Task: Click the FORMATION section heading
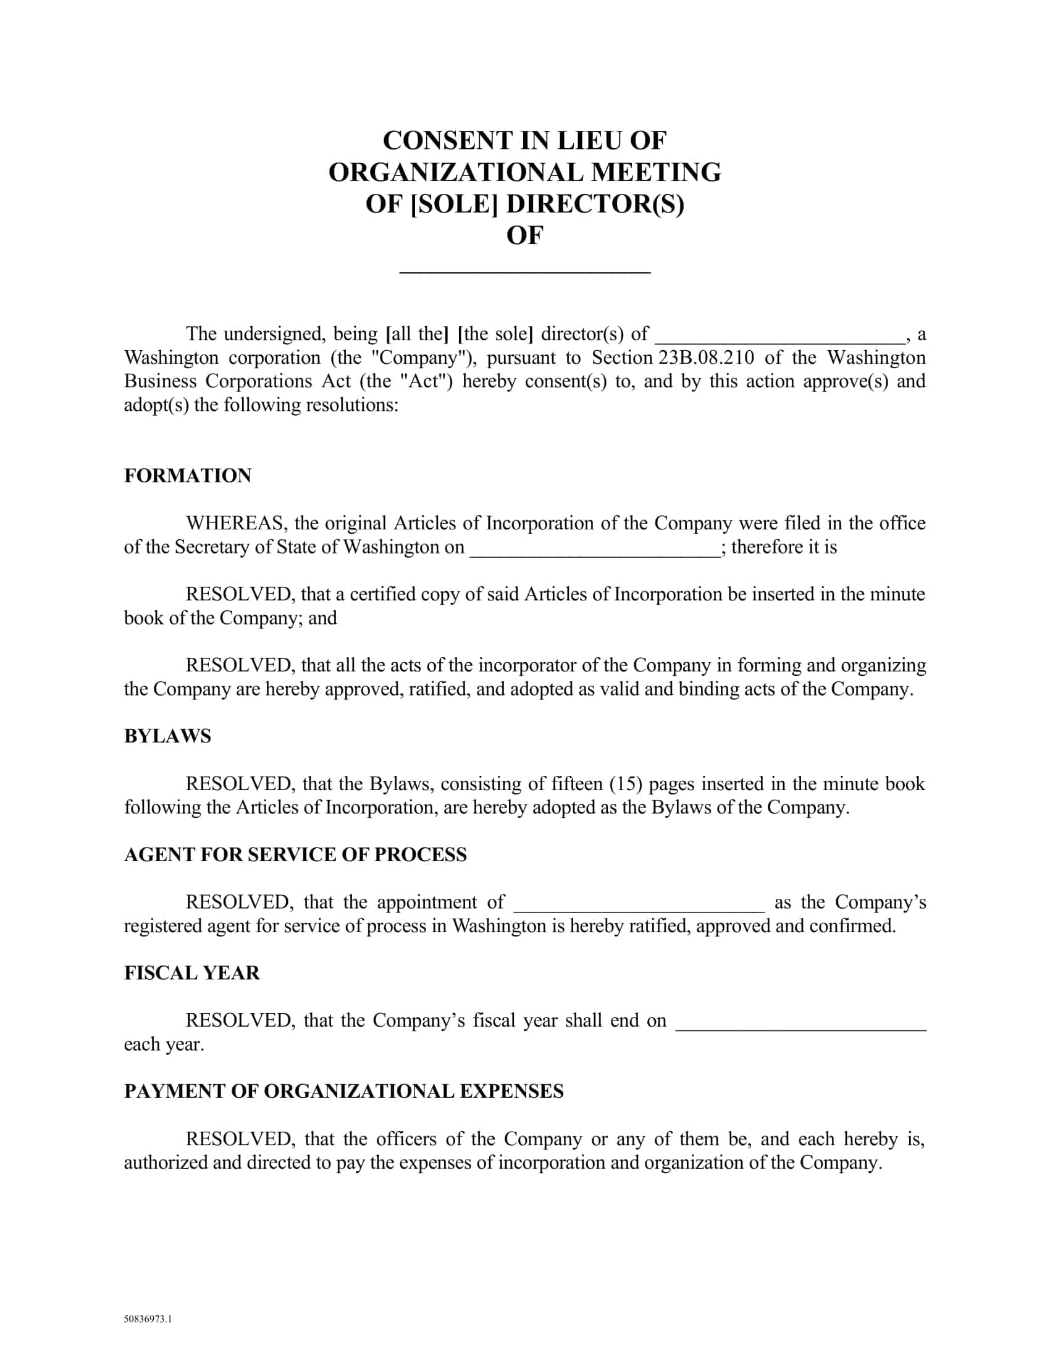[x=187, y=476]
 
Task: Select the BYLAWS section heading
[x=167, y=736]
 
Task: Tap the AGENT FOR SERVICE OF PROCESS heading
[x=295, y=854]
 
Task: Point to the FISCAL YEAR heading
[x=191, y=972]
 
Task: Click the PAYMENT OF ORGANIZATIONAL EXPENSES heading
[x=343, y=1092]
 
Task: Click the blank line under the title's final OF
[x=524, y=269]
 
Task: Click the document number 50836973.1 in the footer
[x=148, y=1318]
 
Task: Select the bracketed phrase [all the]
[x=417, y=334]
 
